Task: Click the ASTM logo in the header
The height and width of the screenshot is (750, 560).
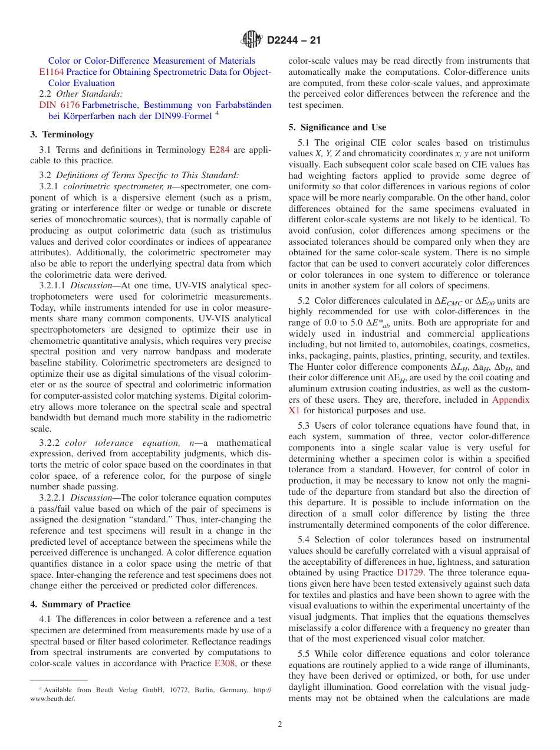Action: click(x=252, y=40)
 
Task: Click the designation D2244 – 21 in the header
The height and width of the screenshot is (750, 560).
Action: click(x=294, y=41)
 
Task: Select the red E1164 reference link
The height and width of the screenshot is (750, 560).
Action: click(x=47, y=72)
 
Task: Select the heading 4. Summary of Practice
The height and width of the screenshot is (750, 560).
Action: click(x=80, y=604)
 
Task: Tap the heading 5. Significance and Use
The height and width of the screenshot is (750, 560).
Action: click(x=337, y=127)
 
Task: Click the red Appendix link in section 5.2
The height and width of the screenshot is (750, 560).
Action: click(x=510, y=400)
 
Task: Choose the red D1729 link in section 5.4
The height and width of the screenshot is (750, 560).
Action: click(x=409, y=573)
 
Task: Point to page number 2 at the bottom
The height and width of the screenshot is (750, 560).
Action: click(x=280, y=725)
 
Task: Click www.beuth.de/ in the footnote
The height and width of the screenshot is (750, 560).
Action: click(x=52, y=699)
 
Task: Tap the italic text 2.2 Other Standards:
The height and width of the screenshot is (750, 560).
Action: click(x=81, y=94)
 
